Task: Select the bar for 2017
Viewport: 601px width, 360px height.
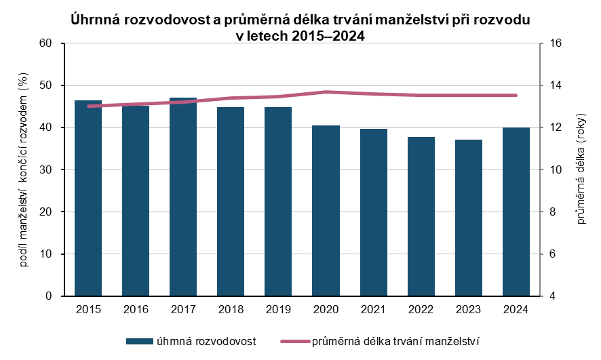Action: (x=183, y=197)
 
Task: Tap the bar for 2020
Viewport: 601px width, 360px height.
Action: (x=326, y=211)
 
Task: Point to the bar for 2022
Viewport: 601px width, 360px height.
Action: (x=421, y=216)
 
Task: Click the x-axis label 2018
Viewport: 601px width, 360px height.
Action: (x=231, y=309)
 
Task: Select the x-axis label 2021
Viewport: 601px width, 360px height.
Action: (x=373, y=309)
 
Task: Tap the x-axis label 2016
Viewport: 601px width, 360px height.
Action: (x=136, y=309)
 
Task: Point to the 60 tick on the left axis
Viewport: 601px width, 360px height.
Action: (x=46, y=43)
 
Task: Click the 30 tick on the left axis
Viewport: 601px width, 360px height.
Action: (x=46, y=170)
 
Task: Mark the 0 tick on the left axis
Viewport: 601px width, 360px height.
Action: (x=49, y=296)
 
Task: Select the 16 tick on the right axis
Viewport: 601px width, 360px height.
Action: (x=556, y=43)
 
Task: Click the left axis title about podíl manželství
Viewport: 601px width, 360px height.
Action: (x=23, y=169)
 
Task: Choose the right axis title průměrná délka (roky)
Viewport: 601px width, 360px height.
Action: (x=581, y=169)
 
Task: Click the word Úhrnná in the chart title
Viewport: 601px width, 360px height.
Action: (x=95, y=21)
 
